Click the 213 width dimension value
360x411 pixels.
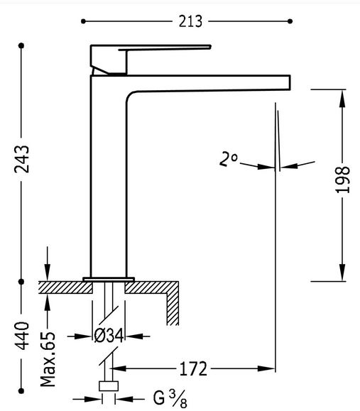(190, 21)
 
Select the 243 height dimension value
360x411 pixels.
(21, 159)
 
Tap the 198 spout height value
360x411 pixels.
(342, 180)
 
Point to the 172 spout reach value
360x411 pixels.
(193, 369)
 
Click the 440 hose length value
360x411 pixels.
(21, 336)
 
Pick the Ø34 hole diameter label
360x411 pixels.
(109, 336)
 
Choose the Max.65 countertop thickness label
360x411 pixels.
(48, 359)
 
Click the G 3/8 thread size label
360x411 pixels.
(170, 399)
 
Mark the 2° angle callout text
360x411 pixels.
(228, 159)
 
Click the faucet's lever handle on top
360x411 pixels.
(151, 60)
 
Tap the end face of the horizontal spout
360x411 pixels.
(290, 82)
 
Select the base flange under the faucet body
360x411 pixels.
(109, 280)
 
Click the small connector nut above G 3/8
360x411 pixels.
(109, 386)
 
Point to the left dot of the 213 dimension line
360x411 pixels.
(83, 21)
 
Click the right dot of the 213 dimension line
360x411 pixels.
(290, 21)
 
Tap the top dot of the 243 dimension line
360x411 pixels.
(21, 45)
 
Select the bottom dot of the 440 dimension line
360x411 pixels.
(21, 391)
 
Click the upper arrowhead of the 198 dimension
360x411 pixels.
(342, 98)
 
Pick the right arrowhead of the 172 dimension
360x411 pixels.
(266, 369)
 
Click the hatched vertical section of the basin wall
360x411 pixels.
(173, 309)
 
